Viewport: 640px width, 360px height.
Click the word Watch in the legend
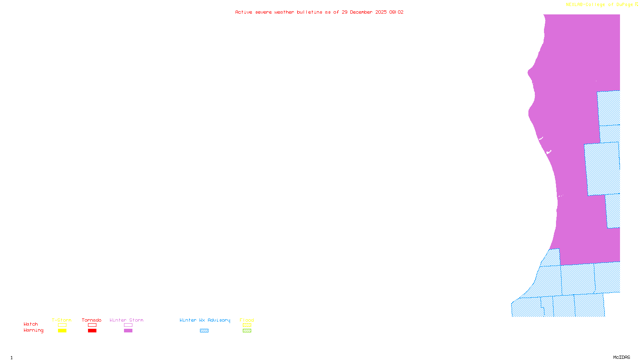[x=31, y=324]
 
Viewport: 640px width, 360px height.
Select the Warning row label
[x=33, y=330]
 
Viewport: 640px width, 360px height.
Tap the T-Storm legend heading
[x=62, y=320]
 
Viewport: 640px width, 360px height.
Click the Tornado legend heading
[x=92, y=320]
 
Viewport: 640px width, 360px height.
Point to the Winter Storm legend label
[x=126, y=320]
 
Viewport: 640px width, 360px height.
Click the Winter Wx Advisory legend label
[x=205, y=320]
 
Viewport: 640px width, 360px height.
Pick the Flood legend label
[x=247, y=320]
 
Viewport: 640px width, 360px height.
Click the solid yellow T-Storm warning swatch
[x=62, y=331]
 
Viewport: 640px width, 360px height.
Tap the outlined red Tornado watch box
[x=92, y=325]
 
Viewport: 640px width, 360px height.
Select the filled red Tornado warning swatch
[x=92, y=331]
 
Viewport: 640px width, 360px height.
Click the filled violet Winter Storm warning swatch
[x=128, y=331]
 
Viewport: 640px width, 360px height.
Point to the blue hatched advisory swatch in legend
[x=204, y=331]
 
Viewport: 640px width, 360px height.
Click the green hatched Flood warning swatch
[x=247, y=331]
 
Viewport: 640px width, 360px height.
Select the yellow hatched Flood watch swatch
[x=247, y=325]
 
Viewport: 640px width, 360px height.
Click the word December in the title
[x=361, y=12]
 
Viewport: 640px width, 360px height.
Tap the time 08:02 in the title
[x=396, y=12]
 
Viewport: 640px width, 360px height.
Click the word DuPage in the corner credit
[x=624, y=5]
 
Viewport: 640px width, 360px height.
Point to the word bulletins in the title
[x=310, y=12]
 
